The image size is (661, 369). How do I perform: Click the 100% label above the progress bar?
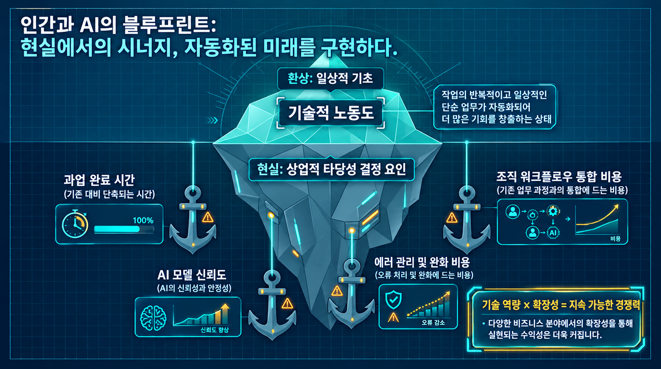143,221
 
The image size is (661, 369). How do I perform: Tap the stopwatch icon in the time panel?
75,224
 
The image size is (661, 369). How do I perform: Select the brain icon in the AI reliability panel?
153,318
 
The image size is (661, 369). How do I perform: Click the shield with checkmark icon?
394,300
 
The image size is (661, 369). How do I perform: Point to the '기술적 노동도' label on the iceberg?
331,113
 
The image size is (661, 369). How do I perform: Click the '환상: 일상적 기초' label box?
330,78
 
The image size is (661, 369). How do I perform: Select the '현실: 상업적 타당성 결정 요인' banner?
331,169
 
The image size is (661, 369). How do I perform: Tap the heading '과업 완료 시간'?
99,180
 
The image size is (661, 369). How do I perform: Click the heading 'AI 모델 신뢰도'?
192,275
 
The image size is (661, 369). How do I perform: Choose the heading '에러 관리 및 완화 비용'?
422,262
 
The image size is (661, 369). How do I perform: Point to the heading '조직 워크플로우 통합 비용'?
559,177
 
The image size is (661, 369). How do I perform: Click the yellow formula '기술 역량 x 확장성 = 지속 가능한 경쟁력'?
561,305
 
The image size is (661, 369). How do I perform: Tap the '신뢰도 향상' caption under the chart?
215,330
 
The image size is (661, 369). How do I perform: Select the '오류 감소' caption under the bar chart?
433,323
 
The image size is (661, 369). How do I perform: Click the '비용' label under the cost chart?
615,238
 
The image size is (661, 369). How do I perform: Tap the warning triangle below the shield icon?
393,318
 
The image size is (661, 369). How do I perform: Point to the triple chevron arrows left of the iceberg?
212,120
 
